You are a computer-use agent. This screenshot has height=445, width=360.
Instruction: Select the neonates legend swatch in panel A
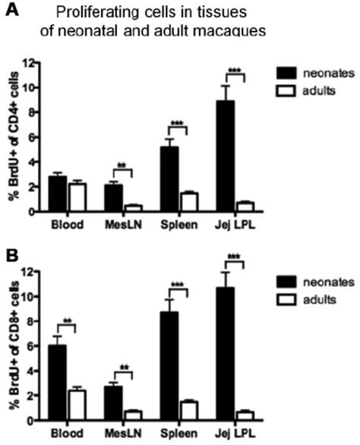[x=285, y=74]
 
